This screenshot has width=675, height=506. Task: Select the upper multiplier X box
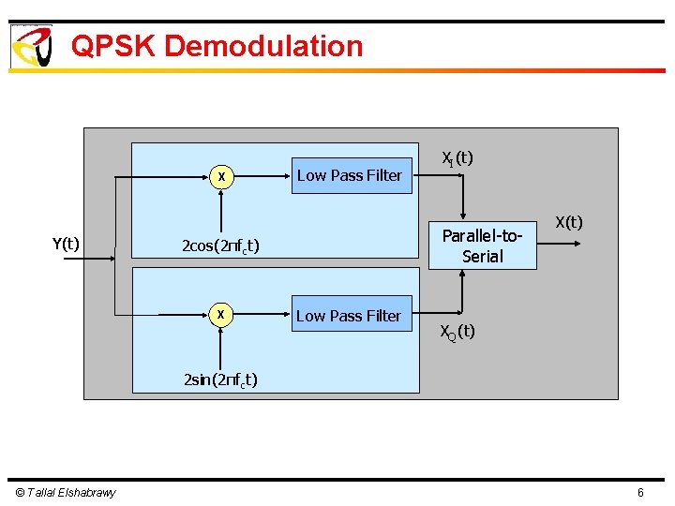pos(220,176)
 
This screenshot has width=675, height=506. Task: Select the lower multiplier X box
pos(220,315)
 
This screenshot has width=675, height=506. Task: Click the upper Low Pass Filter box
pos(351,175)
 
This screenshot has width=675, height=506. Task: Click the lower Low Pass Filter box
pos(349,316)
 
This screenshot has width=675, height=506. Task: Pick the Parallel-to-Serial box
pos(483,246)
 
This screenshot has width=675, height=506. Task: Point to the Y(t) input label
pos(65,245)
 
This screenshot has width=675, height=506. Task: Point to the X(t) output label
pos(568,222)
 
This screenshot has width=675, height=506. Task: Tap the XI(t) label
pos(457,158)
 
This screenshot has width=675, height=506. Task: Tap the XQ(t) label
pos(457,332)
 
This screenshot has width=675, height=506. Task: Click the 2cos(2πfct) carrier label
pos(220,246)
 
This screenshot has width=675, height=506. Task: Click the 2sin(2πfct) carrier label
pos(220,379)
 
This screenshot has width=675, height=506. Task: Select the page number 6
pos(640,492)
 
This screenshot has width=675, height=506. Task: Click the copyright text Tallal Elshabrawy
pos(66,492)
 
